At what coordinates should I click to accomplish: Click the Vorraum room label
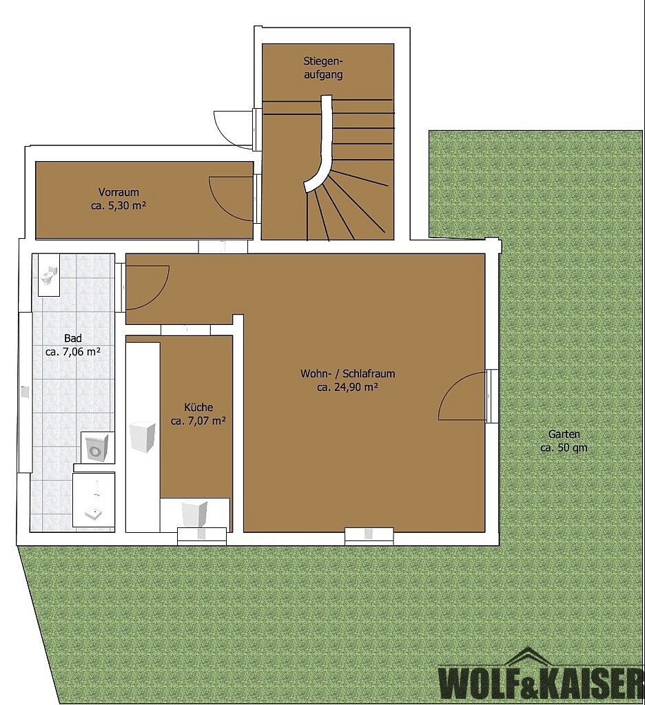pos(119,192)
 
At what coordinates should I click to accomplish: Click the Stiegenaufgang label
pos(323,67)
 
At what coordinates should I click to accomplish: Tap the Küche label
pos(198,408)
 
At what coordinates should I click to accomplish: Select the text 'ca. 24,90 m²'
pos(347,387)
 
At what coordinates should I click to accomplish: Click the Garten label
pos(564,434)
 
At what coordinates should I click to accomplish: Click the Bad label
pos(73,338)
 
